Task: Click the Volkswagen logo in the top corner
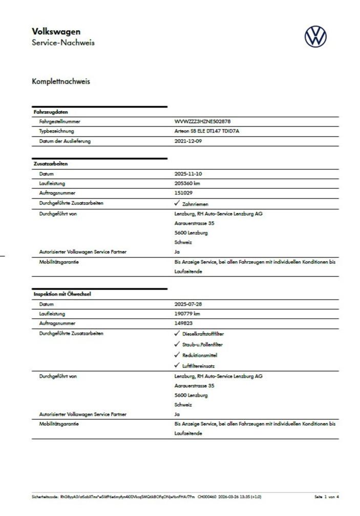pos(315,37)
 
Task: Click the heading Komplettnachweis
pos(60,81)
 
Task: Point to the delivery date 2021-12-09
pos(188,141)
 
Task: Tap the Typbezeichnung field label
pos(57,132)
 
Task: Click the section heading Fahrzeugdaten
pos(51,112)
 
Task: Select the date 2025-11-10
pos(188,174)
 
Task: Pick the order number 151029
pos(183,193)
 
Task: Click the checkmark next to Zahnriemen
pos(177,204)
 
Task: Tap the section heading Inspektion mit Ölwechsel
pos(62,294)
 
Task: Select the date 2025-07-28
pos(188,304)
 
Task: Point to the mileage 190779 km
pos(187,314)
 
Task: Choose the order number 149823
pos(183,324)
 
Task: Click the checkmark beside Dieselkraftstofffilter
pos(177,334)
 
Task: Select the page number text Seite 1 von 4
pos(327,497)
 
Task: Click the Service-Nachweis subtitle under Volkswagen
pos(63,43)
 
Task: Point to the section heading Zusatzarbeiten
pos(50,164)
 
